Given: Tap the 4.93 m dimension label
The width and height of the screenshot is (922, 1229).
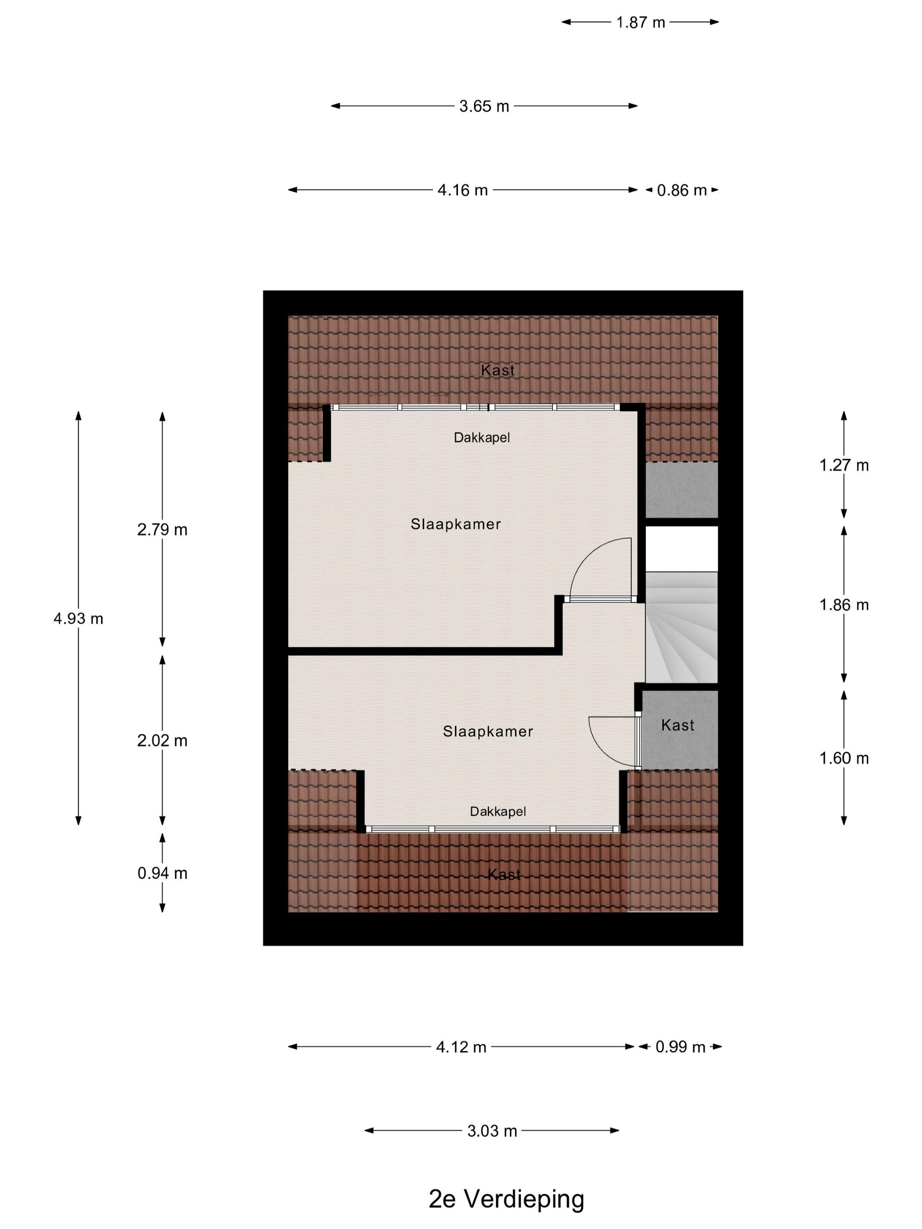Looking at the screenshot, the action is click(78, 618).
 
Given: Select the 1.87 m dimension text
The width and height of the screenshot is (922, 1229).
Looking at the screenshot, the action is click(640, 22).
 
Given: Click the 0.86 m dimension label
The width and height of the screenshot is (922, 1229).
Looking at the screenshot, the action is click(682, 190).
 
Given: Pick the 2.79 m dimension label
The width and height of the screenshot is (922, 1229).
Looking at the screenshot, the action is click(162, 529).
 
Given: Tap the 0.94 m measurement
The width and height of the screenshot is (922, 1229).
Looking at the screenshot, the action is click(162, 873).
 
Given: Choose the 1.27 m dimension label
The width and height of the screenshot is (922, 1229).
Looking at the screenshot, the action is click(844, 464).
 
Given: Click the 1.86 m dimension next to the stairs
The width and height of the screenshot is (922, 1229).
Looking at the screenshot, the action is click(844, 604).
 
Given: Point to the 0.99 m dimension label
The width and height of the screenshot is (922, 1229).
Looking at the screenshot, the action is click(680, 1047).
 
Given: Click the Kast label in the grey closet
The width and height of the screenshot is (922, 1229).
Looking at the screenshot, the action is click(677, 725).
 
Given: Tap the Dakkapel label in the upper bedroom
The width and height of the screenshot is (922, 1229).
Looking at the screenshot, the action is click(482, 437).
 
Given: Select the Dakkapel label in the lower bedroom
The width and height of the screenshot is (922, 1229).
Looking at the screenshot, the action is click(498, 811).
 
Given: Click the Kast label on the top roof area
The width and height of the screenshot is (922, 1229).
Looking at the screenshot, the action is click(498, 370).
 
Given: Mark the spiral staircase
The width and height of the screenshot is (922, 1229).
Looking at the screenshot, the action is click(681, 627).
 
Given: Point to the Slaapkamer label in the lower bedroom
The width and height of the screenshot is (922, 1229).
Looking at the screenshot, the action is click(488, 731).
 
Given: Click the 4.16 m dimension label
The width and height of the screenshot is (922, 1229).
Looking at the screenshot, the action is click(462, 190).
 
